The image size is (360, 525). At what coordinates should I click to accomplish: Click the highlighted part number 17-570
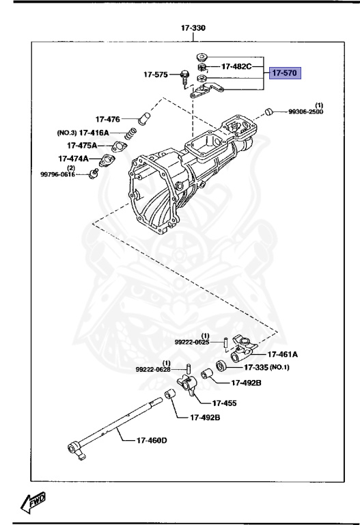pyautogui.click(x=285, y=72)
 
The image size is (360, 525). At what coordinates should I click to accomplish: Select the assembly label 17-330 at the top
pyautogui.click(x=193, y=28)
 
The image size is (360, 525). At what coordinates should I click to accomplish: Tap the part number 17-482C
pyautogui.click(x=236, y=66)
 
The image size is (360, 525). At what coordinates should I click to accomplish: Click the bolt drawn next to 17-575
pyautogui.click(x=184, y=79)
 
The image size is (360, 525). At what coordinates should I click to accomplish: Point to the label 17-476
pyautogui.click(x=108, y=119)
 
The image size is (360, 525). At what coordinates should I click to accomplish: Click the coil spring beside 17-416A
pyautogui.click(x=130, y=133)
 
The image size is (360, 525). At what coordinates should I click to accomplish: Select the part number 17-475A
pyautogui.click(x=82, y=146)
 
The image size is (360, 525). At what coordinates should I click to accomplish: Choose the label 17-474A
pyautogui.click(x=74, y=159)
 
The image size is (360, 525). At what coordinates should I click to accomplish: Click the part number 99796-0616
pyautogui.click(x=57, y=174)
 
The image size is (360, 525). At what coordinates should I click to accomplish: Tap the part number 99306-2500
pyautogui.click(x=306, y=112)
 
